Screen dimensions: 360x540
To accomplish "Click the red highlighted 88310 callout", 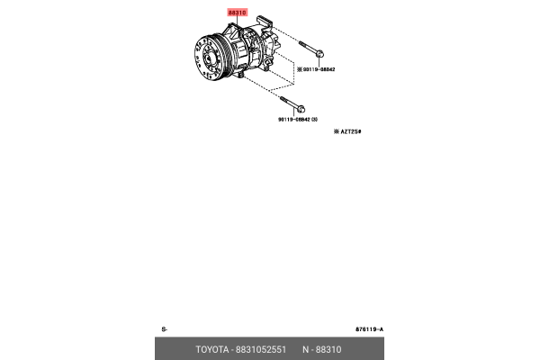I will (x=237, y=13).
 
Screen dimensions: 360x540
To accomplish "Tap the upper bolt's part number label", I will (x=319, y=68).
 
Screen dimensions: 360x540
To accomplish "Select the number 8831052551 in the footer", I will (x=261, y=349).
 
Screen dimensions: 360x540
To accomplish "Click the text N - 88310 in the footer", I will (x=322, y=349).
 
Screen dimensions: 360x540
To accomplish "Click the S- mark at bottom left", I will (x=165, y=329).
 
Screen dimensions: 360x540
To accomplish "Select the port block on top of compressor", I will (x=265, y=22).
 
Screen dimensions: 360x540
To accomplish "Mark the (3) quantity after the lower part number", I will (x=314, y=119).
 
